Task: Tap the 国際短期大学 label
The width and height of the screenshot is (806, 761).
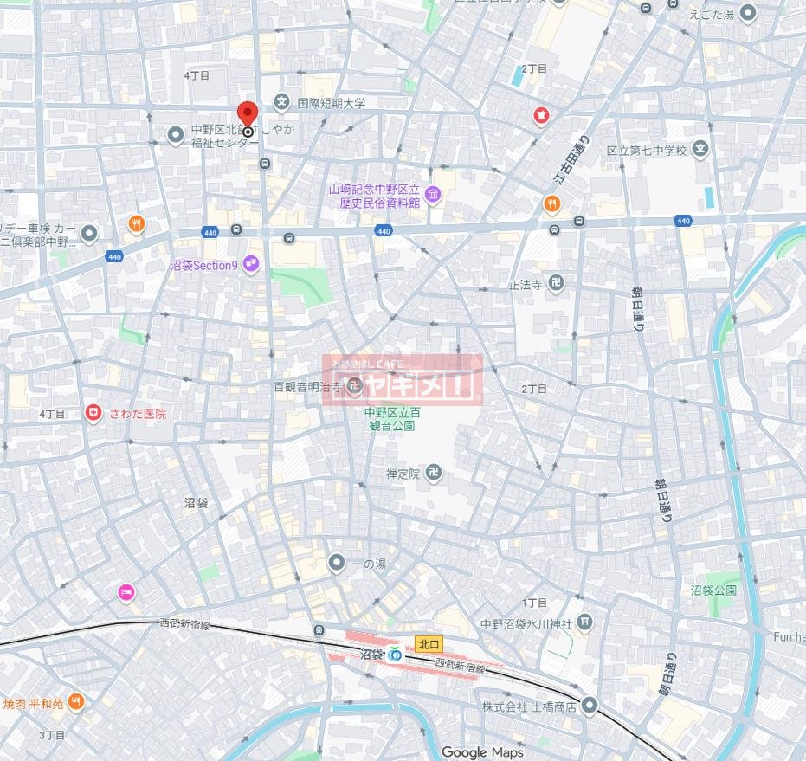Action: (332, 103)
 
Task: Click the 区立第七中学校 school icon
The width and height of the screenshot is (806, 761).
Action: (701, 150)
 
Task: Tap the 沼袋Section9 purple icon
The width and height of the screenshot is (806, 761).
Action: (251, 264)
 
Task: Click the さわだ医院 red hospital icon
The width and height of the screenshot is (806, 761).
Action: (93, 414)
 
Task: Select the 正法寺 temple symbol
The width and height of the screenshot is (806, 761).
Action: (558, 284)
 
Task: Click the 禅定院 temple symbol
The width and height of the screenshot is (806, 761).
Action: (435, 474)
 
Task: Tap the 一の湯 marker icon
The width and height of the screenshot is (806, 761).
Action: (337, 564)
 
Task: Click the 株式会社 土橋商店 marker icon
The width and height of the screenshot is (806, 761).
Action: (590, 706)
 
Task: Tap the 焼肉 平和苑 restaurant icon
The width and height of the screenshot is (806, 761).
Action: (76, 702)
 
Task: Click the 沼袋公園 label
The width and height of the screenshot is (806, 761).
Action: (713, 590)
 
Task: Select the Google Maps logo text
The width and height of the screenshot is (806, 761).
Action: (482, 752)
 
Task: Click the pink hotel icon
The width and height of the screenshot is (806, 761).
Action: (126, 593)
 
